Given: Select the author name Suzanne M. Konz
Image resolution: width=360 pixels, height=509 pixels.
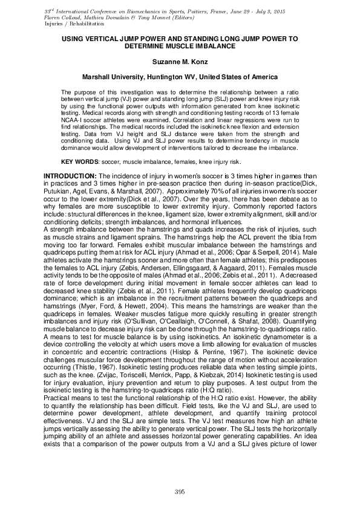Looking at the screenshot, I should tap(180, 62).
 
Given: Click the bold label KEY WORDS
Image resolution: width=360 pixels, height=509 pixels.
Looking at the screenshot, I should tap(80, 162).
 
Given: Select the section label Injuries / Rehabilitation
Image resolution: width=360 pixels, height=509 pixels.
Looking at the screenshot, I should tap(70, 24).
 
